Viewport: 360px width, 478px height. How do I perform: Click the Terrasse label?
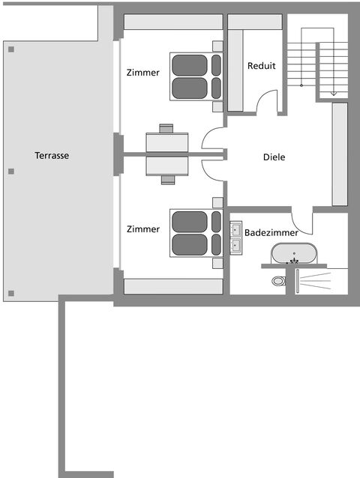(x=52, y=156)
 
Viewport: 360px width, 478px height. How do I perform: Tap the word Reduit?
(x=262, y=65)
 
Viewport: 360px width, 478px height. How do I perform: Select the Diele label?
(x=274, y=157)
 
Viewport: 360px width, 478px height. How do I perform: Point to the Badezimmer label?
(x=271, y=232)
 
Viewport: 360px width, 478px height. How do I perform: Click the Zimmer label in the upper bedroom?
(x=142, y=73)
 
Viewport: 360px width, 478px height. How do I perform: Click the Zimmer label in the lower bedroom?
(x=143, y=229)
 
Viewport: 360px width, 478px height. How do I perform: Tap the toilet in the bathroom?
(x=278, y=281)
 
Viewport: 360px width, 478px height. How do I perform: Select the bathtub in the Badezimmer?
(x=294, y=253)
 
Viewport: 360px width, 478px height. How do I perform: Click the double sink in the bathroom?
(x=235, y=238)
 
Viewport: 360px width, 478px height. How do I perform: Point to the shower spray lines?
(x=315, y=281)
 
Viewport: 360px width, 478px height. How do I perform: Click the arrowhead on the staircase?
(x=334, y=94)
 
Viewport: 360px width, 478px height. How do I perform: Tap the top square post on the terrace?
(x=11, y=49)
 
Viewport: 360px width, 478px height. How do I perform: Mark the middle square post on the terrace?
(x=11, y=172)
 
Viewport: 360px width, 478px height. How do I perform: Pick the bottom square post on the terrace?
(x=11, y=294)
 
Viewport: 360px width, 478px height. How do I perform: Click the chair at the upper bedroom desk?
(x=166, y=128)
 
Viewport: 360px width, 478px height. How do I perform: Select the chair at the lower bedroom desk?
(x=168, y=180)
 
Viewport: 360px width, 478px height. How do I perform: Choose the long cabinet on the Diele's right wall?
(x=340, y=154)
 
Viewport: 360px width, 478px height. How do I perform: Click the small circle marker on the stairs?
(x=301, y=85)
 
